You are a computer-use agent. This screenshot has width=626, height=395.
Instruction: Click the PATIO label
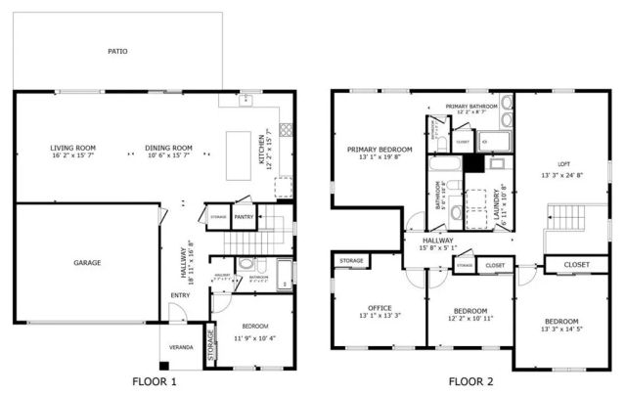click(117, 51)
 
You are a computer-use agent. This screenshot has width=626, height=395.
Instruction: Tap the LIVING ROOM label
click(73, 148)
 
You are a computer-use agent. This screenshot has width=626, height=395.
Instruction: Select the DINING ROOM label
click(169, 148)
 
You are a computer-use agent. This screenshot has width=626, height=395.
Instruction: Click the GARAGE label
click(87, 262)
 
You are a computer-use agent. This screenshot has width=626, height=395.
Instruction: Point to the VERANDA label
click(181, 347)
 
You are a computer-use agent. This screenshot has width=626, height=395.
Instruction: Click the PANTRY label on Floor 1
click(244, 217)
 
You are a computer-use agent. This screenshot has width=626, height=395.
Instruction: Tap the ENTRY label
click(181, 295)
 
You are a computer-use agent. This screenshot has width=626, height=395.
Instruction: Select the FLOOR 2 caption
click(472, 380)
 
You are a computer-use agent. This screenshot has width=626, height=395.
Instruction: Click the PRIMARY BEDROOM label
click(380, 149)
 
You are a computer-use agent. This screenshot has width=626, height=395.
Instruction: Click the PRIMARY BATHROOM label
click(471, 106)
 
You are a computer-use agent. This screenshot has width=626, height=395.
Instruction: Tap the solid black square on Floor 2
click(473, 163)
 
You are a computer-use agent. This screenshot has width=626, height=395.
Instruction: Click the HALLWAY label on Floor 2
click(437, 240)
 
